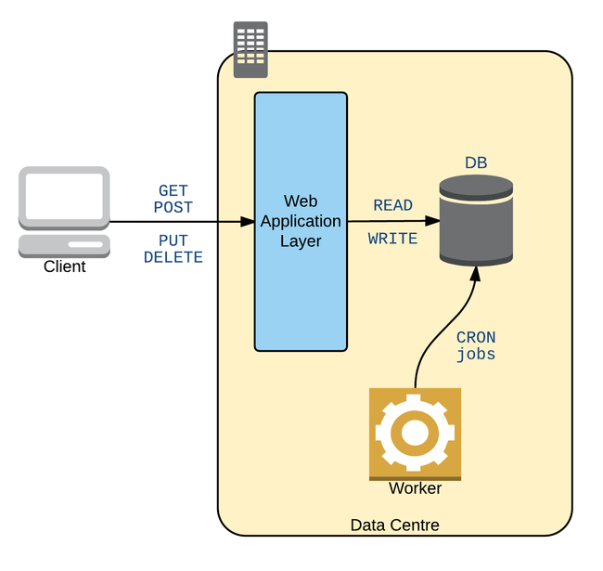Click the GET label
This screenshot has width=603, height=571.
(173, 191)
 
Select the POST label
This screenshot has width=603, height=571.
(173, 207)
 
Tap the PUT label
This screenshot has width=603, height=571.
(173, 241)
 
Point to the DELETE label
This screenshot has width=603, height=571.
(173, 257)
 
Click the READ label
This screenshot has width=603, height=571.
(393, 205)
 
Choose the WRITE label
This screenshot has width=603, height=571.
(393, 239)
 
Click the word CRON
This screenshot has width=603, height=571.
(476, 338)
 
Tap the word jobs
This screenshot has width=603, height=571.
(476, 354)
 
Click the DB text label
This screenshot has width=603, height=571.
(476, 163)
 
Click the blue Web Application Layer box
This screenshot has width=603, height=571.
(301, 279)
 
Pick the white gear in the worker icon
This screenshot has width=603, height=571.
(415, 433)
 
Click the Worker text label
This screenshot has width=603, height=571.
(415, 488)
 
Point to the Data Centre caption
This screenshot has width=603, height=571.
(394, 526)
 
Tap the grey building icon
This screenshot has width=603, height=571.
(250, 49)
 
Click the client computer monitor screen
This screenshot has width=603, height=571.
(64, 197)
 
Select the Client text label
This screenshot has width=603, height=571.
(64, 267)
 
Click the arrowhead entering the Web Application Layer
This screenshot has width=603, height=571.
(248, 222)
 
